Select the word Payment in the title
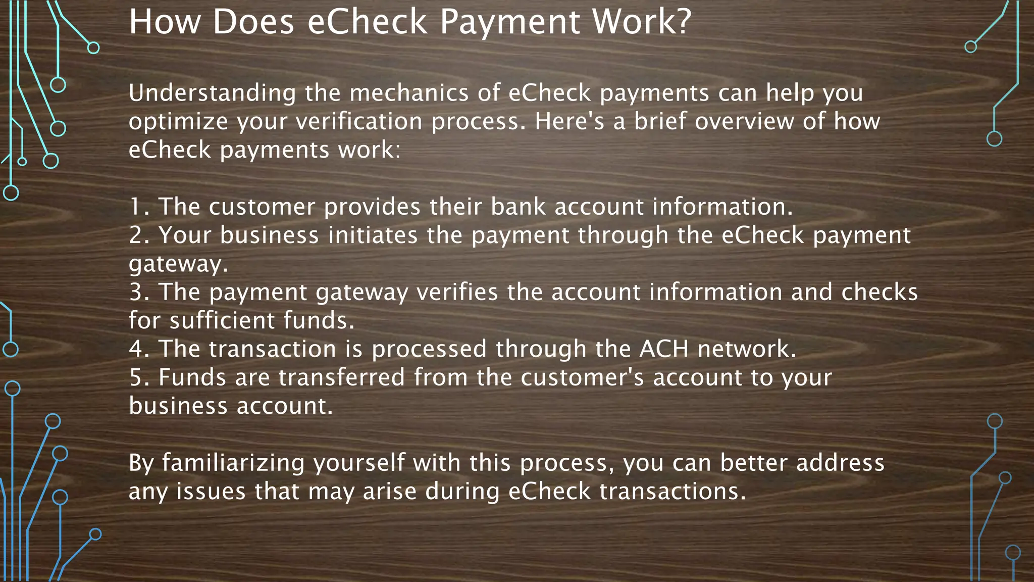510,22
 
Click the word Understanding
212,93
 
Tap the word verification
358,122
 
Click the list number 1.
138,207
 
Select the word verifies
457,293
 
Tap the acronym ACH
664,350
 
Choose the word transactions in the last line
672,492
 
